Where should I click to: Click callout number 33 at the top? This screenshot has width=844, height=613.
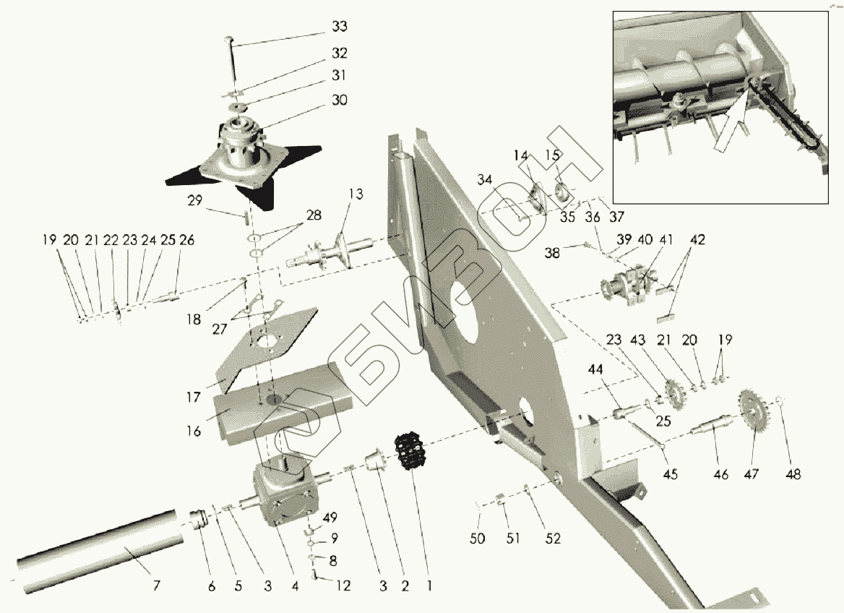[x=339, y=27]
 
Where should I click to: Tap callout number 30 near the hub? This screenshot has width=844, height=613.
[x=339, y=100]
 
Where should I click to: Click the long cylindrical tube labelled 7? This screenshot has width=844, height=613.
[x=94, y=539]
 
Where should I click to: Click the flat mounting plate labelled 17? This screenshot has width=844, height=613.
[x=267, y=347]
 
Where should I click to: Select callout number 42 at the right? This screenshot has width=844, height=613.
[x=698, y=239]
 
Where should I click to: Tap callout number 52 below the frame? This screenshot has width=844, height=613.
[x=554, y=538]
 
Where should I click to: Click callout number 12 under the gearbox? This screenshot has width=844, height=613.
[x=343, y=586]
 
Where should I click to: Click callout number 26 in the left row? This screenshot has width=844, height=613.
[x=186, y=240]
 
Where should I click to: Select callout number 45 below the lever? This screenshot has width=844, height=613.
[x=671, y=474]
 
